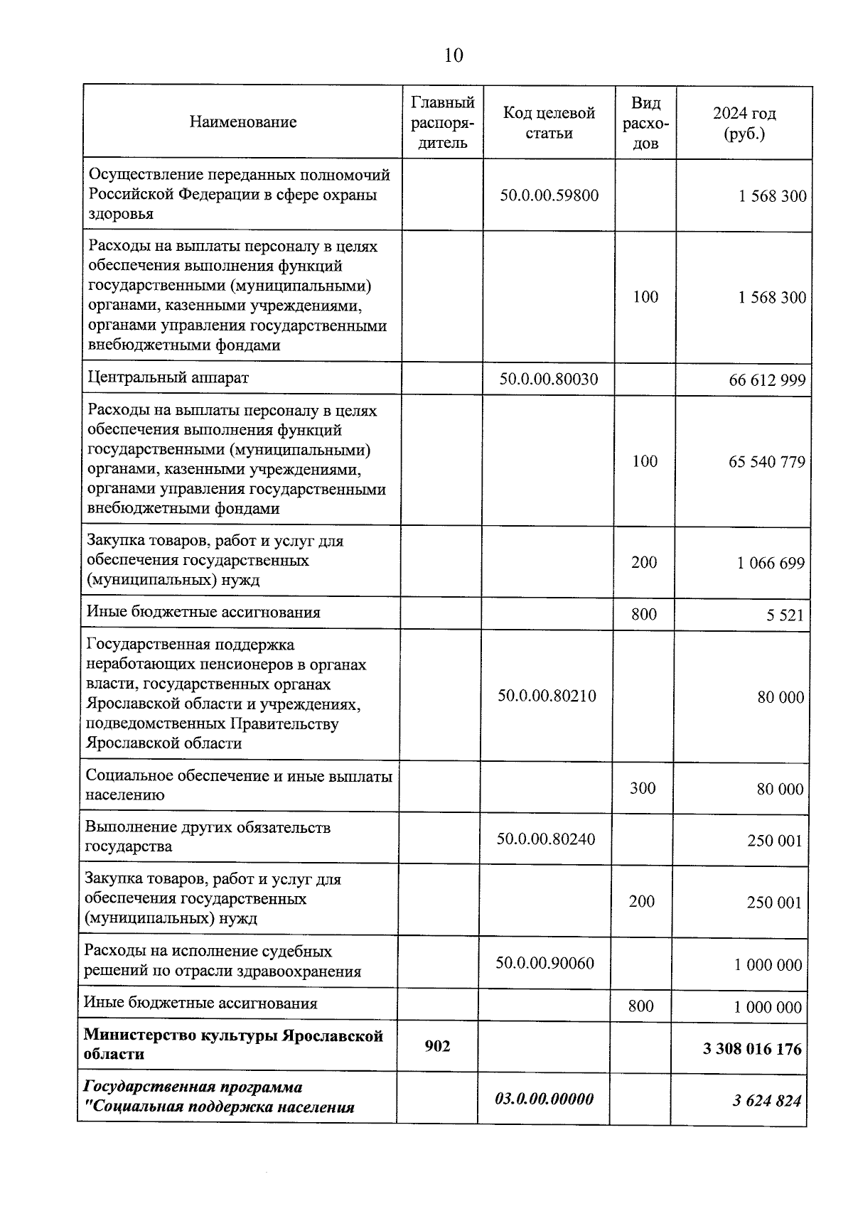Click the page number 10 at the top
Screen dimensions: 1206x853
click(454, 55)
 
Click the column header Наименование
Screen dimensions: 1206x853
click(243, 122)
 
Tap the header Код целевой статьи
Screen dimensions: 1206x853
click(549, 122)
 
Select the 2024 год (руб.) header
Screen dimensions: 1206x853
click(744, 122)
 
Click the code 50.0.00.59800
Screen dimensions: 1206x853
click(549, 195)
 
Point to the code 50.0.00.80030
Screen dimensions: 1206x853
click(548, 379)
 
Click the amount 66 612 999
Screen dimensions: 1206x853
click(767, 380)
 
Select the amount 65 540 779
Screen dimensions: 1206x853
click(766, 462)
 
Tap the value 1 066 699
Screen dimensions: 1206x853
click(771, 564)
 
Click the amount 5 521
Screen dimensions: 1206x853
click(785, 615)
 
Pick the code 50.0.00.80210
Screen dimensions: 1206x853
click(547, 696)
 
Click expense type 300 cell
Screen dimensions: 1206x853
click(643, 788)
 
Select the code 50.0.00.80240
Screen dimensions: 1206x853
click(546, 839)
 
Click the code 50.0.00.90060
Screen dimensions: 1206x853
click(545, 964)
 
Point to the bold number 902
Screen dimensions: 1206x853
click(437, 1046)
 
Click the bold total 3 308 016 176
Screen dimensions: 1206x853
click(752, 1049)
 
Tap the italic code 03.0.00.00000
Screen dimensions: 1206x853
click(544, 1099)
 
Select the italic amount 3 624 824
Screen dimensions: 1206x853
click(767, 1101)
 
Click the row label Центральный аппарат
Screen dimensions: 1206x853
click(168, 377)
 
